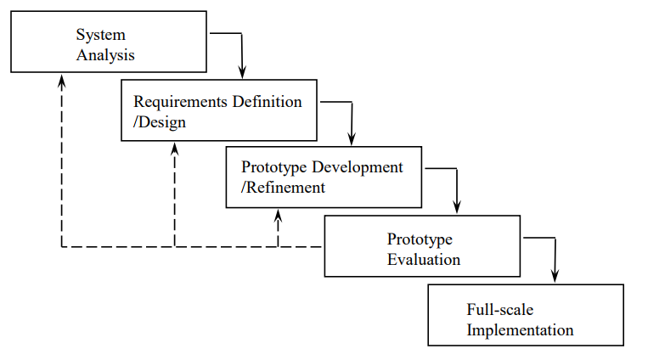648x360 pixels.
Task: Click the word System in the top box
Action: coord(100,35)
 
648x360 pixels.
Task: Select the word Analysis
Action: coord(105,55)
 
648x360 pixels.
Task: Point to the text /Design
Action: coord(160,122)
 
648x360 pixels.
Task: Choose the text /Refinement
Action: coord(283,188)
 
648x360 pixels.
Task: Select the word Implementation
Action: coord(520,330)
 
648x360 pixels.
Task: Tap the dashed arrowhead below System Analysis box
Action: coord(61,80)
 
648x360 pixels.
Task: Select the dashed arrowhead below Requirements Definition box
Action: coord(174,148)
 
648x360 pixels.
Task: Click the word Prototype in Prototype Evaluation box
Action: coord(420,239)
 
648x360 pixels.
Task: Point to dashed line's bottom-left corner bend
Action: coord(61,247)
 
